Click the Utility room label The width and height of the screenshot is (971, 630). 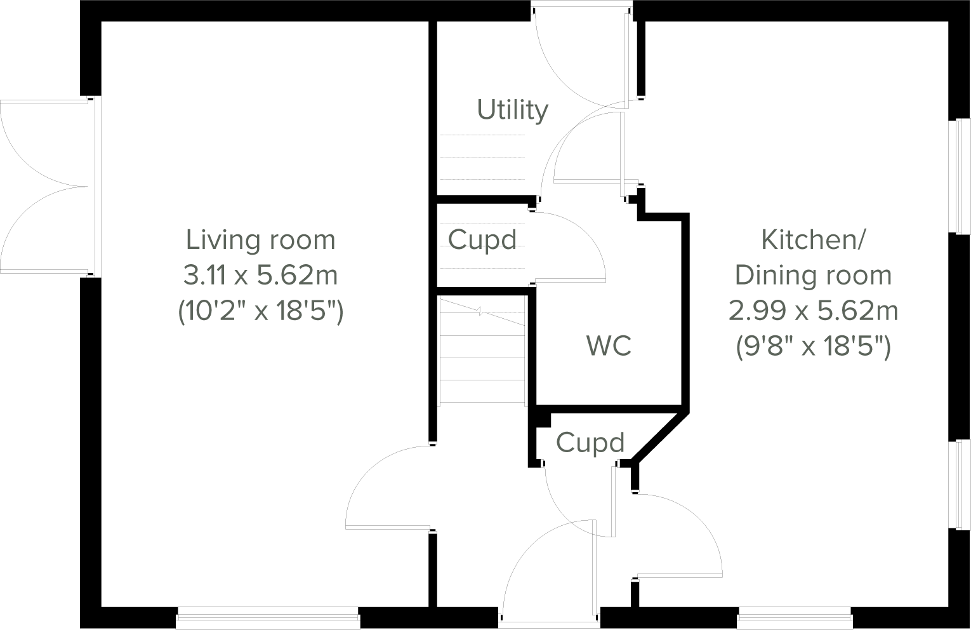tap(512, 110)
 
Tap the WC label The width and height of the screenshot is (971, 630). tap(609, 345)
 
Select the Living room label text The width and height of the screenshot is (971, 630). tap(260, 240)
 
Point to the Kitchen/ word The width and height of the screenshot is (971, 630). tap(813, 240)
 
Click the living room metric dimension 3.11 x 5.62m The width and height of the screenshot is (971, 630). tap(260, 276)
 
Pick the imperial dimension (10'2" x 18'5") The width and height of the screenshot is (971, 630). tap(260, 311)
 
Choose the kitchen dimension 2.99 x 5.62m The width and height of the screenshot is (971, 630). tap(813, 311)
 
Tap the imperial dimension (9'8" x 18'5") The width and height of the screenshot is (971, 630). tap(813, 347)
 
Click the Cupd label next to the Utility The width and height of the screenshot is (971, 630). tap(482, 240)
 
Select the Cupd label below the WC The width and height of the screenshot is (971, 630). tap(590, 443)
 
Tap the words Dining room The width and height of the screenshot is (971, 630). tap(813, 276)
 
